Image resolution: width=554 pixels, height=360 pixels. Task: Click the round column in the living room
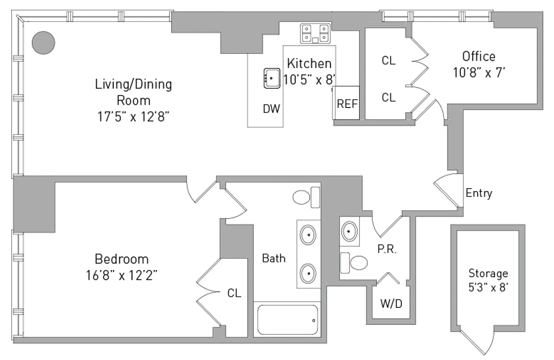click(x=44, y=43)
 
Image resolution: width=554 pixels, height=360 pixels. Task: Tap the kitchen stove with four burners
click(x=315, y=33)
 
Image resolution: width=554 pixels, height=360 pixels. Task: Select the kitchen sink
click(x=271, y=78)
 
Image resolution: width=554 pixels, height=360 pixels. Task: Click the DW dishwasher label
click(x=272, y=108)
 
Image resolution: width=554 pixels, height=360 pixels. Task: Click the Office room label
click(x=479, y=57)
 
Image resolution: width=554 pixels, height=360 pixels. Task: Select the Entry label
click(x=479, y=193)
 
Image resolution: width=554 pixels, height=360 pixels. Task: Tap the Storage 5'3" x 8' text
click(x=488, y=280)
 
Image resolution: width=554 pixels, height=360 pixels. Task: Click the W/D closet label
click(x=391, y=304)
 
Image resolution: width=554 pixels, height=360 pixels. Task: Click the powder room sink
click(x=350, y=232)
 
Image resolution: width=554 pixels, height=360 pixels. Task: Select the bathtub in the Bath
click(x=287, y=320)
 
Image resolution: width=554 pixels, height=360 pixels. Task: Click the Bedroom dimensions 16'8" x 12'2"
click(x=122, y=274)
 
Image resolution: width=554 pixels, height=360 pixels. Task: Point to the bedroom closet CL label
click(x=234, y=293)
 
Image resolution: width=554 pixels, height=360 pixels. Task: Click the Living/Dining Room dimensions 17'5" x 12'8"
click(x=133, y=117)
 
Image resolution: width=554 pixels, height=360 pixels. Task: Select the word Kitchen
click(x=309, y=63)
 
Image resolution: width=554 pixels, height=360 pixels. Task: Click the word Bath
click(x=274, y=258)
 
